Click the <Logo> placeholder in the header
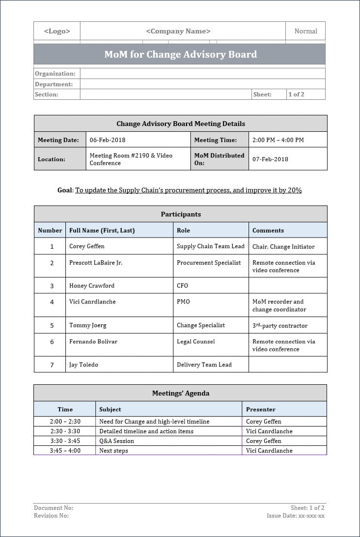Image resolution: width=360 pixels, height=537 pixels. tap(57, 31)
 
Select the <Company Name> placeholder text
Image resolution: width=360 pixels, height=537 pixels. tap(178, 31)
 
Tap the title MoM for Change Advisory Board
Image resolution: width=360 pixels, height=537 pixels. tap(180, 54)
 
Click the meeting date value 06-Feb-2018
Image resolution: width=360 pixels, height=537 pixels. tap(108, 140)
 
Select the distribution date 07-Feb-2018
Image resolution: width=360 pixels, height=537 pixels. tap(270, 159)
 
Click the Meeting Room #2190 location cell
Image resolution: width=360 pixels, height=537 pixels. tap(131, 159)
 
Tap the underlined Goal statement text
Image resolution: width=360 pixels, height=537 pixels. tap(188, 190)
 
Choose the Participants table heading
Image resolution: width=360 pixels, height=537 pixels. tap(181, 214)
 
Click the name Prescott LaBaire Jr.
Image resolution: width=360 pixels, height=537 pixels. tap(96, 263)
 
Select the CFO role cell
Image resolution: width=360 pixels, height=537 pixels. tap(182, 285)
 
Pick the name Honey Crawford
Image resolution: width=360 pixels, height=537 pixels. tap(92, 285)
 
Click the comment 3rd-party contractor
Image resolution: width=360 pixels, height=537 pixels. tap(280, 326)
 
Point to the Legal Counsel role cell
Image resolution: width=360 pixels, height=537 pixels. tap(196, 342)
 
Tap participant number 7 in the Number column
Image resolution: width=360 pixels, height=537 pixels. tap(52, 365)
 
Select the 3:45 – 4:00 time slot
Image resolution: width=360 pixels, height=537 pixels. tap(65, 451)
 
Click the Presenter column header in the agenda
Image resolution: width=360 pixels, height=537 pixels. tap(261, 409)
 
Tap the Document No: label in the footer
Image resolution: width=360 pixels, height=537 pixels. tap(53, 508)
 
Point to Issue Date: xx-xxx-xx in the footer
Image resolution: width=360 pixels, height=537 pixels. tap(296, 516)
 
